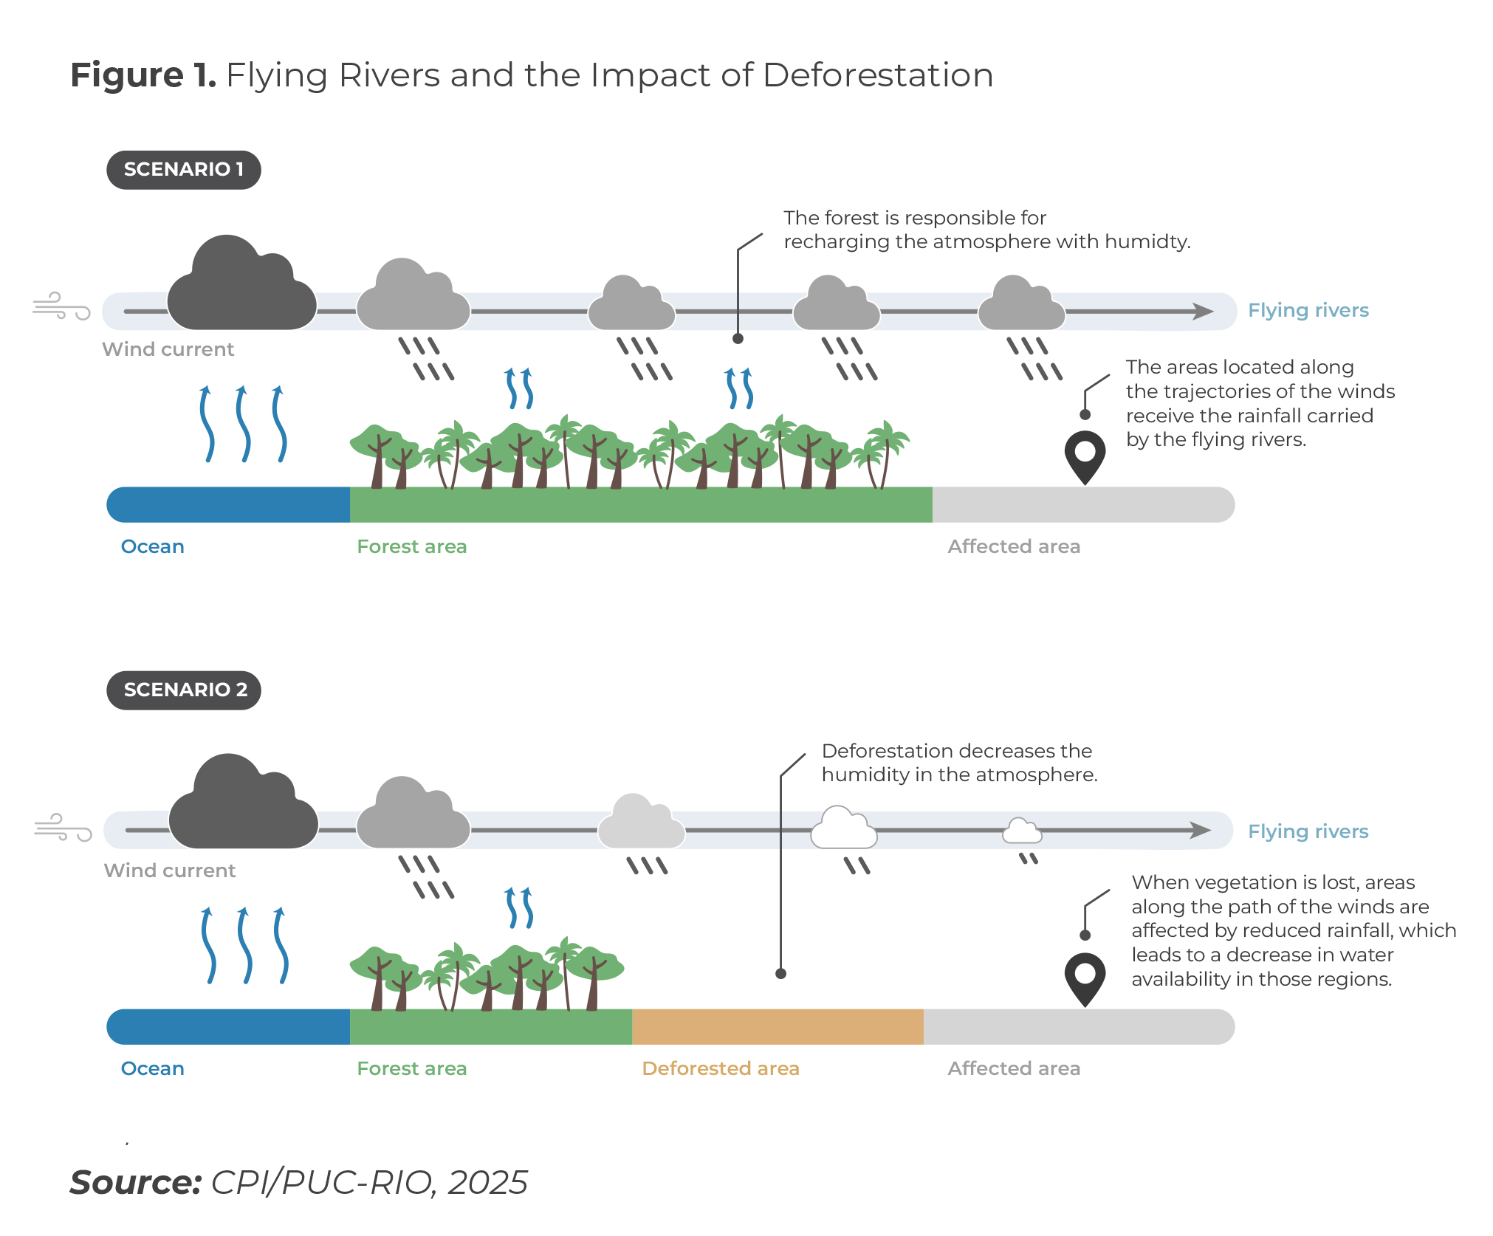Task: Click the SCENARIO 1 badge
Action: point(183,170)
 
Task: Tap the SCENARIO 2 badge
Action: point(184,690)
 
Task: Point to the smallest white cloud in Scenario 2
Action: point(1022,831)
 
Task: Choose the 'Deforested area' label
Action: point(720,1068)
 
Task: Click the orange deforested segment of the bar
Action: point(777,1027)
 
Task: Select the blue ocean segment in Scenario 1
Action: point(229,505)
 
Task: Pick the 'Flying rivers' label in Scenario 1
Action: point(1308,311)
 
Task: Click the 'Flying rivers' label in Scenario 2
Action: point(1308,832)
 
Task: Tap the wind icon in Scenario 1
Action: point(61,306)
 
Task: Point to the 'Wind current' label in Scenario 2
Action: point(170,871)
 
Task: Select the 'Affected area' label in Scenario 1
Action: point(1013,547)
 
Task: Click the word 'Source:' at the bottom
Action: point(136,1183)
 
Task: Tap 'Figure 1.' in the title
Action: point(143,75)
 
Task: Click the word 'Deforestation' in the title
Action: point(877,75)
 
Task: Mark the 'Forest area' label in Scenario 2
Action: point(411,1068)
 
